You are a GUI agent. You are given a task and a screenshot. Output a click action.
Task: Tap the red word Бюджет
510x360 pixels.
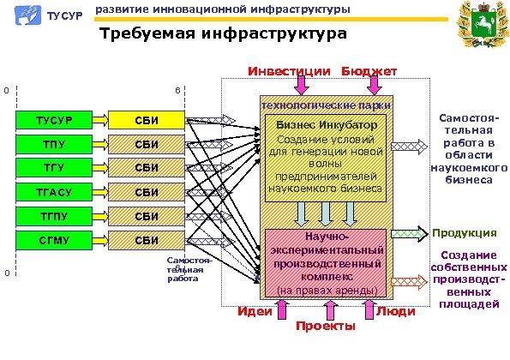[x=369, y=71]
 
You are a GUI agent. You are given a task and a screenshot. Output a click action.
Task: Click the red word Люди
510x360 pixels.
[x=396, y=311]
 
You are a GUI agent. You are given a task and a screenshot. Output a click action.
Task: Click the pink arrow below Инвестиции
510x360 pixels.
[x=300, y=85]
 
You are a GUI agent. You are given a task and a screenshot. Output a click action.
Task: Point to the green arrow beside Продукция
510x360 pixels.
[x=414, y=232]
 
